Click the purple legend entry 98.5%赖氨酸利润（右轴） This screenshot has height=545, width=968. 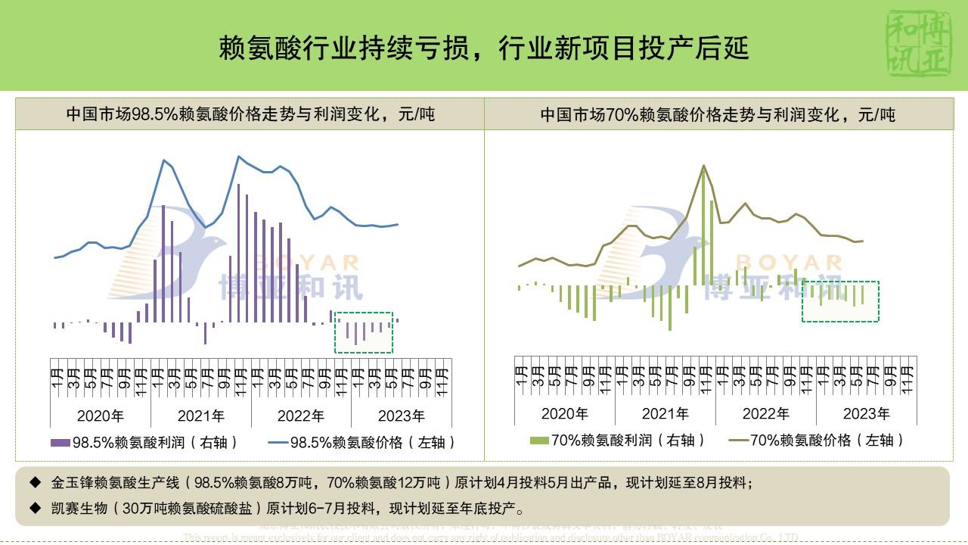click(x=144, y=443)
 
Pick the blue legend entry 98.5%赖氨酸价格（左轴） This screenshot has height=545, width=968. click(x=362, y=443)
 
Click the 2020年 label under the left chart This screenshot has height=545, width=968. click(x=101, y=416)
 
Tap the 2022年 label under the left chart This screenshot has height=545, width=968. click(x=301, y=416)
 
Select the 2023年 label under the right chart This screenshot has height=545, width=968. click(x=867, y=413)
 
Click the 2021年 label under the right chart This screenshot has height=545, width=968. click(x=665, y=413)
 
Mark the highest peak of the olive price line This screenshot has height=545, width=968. click(x=704, y=166)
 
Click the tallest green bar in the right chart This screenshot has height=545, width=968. click(x=703, y=227)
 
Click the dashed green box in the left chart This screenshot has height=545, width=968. click(x=364, y=332)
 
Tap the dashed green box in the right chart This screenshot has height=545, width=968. click(x=840, y=301)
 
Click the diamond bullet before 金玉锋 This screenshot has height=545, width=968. click(x=36, y=482)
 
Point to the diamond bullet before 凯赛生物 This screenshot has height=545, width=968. click(x=36, y=507)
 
